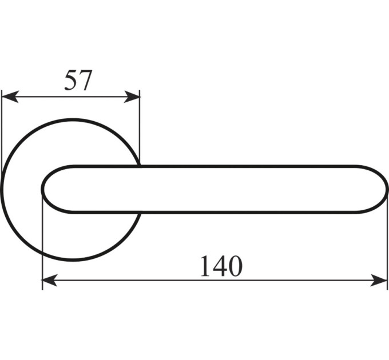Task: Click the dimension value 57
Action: coord(78,80)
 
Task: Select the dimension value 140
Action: coord(221,266)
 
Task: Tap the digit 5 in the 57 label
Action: coord(71,80)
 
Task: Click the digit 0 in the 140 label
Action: coord(235,266)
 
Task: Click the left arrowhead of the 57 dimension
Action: coord(10,97)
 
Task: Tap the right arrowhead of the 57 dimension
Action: coord(132,97)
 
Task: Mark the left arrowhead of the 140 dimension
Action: coord(50,280)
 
